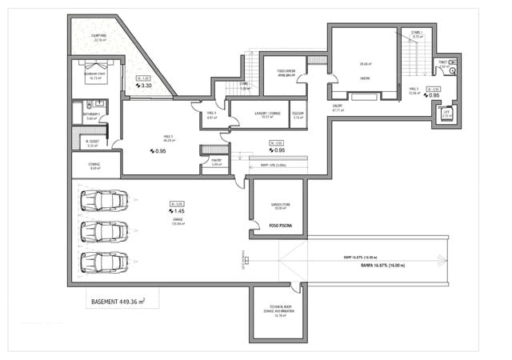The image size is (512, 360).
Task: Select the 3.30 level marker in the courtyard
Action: [146, 85]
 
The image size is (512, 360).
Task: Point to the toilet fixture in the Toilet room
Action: [453, 70]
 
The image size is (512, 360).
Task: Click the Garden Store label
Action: [278, 205]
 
